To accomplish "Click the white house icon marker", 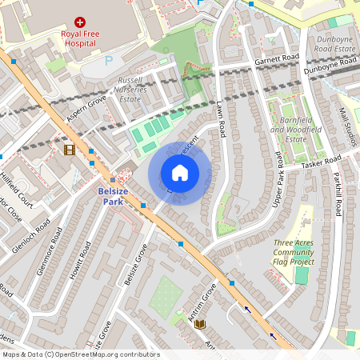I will (180, 173).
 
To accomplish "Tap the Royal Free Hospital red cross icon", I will (80, 23).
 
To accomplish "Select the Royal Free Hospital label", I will (80, 40).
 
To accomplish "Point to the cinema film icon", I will (70, 149).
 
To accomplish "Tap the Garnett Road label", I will (277, 58).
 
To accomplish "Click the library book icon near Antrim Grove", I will (200, 324).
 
